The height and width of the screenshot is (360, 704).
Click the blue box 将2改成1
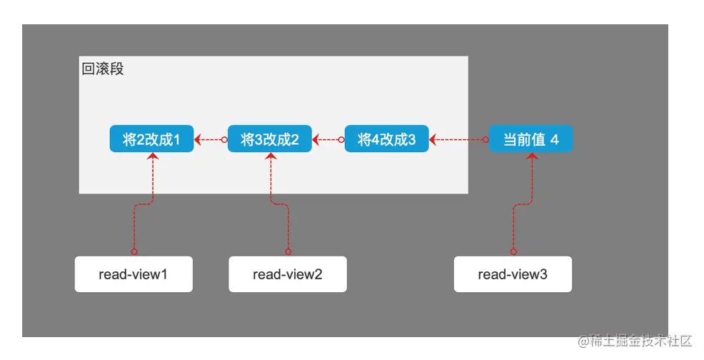(x=151, y=139)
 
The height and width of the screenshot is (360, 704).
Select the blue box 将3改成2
(x=270, y=139)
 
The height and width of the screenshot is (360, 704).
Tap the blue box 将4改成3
(x=386, y=139)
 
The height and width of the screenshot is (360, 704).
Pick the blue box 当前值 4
(x=530, y=139)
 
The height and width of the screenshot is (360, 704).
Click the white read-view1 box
(x=134, y=274)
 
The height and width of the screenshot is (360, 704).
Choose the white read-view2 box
(x=287, y=274)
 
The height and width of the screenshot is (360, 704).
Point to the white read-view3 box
(x=513, y=274)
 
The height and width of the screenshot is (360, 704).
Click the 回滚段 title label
(x=103, y=69)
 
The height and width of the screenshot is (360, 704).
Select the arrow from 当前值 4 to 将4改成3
(x=458, y=140)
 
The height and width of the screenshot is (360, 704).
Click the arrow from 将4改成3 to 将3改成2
(x=328, y=140)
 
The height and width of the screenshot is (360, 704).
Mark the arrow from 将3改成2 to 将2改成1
(x=211, y=140)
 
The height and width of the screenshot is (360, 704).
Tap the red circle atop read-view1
(x=134, y=251)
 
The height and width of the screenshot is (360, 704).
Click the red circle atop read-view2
(x=288, y=251)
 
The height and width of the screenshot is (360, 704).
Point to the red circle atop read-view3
(x=513, y=251)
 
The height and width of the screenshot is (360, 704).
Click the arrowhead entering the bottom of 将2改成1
(x=152, y=156)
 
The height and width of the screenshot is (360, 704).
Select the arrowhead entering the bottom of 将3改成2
(x=270, y=156)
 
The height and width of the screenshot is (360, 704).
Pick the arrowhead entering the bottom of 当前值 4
(x=531, y=156)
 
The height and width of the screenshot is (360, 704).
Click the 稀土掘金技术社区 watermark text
(x=634, y=340)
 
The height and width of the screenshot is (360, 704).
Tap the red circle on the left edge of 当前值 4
(x=486, y=140)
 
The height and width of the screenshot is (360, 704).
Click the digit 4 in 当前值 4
(x=554, y=139)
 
